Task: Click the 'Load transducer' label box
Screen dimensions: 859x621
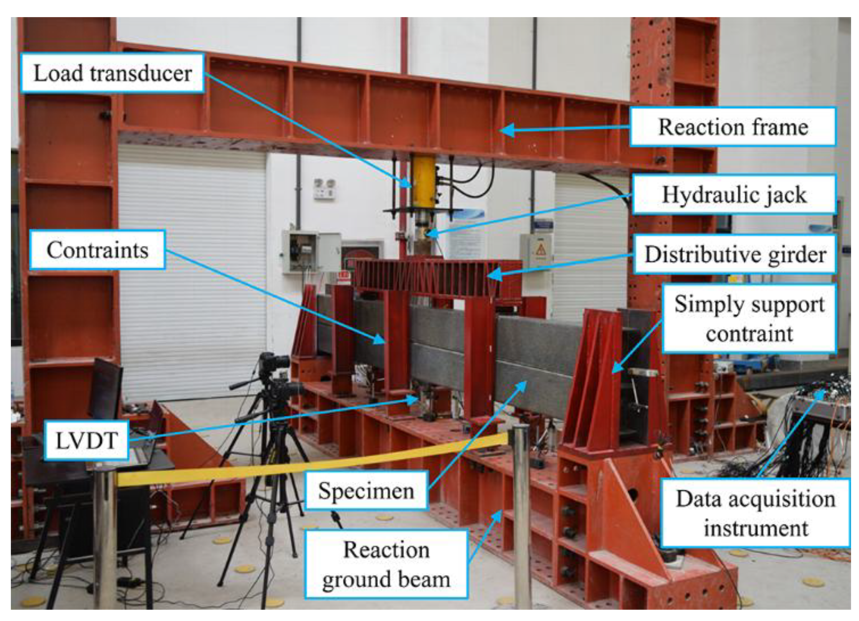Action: point(112,73)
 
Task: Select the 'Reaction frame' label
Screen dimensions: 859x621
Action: point(733,127)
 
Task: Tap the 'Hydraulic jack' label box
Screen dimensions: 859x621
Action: point(734,194)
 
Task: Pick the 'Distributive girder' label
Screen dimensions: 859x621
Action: point(735,254)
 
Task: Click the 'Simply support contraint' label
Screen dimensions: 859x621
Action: point(749,319)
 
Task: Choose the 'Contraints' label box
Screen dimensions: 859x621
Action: point(97,250)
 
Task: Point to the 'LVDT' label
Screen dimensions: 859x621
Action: point(86,440)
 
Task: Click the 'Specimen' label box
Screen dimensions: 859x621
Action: point(366,490)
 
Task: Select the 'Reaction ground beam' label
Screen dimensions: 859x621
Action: point(386,564)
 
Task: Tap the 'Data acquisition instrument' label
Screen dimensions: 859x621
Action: point(756,513)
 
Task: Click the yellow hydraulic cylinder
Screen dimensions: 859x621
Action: point(423,182)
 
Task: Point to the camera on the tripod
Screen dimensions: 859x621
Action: point(274,364)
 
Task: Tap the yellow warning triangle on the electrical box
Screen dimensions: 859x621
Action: point(541,250)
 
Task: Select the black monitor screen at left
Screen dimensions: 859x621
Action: point(105,389)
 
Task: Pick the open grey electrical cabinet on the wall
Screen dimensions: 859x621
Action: point(311,252)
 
